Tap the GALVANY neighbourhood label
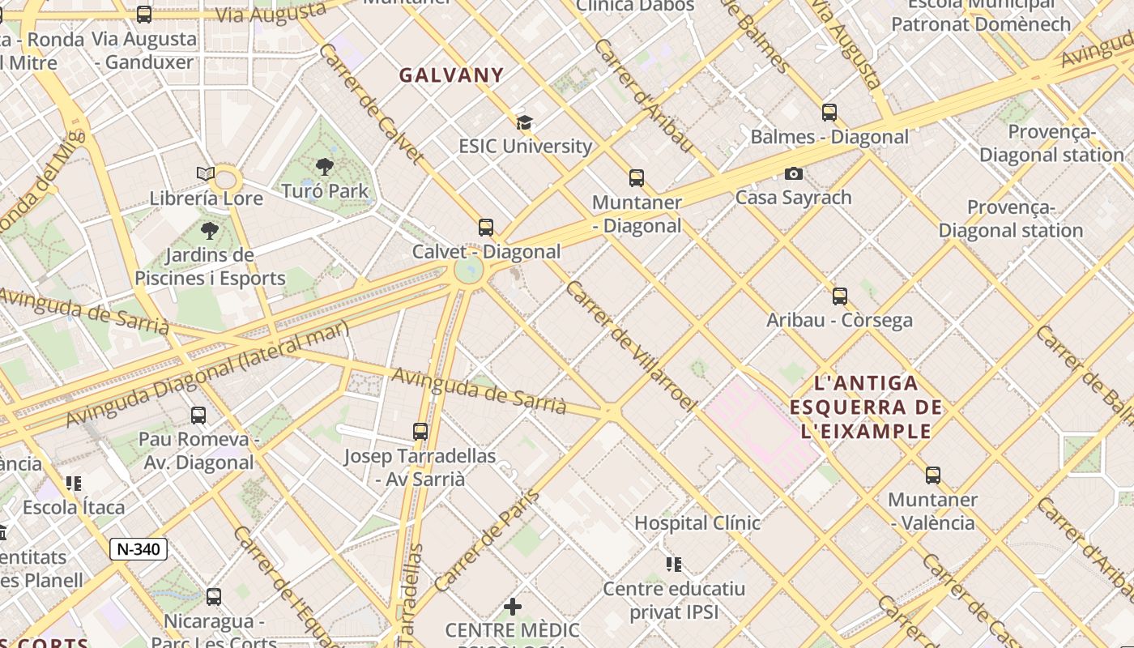tap(451, 75)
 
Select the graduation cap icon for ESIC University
tap(525, 123)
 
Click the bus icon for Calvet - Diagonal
tap(486, 228)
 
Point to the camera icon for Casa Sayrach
tap(794, 173)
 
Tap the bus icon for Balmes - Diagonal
tap(829, 113)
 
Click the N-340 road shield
tap(139, 549)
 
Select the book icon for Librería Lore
tap(206, 174)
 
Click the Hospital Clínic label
tap(697, 523)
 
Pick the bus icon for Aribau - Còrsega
tap(840, 296)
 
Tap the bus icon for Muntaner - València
tap(933, 475)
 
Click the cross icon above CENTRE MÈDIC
tap(513, 606)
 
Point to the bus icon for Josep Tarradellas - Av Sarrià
tap(420, 432)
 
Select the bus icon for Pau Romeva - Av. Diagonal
tap(198, 416)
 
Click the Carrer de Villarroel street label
tap(631, 346)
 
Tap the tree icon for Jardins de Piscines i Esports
tap(210, 231)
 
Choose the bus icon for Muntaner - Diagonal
tap(637, 178)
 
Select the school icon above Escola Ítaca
tap(74, 484)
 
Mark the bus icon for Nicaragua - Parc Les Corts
tap(214, 597)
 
